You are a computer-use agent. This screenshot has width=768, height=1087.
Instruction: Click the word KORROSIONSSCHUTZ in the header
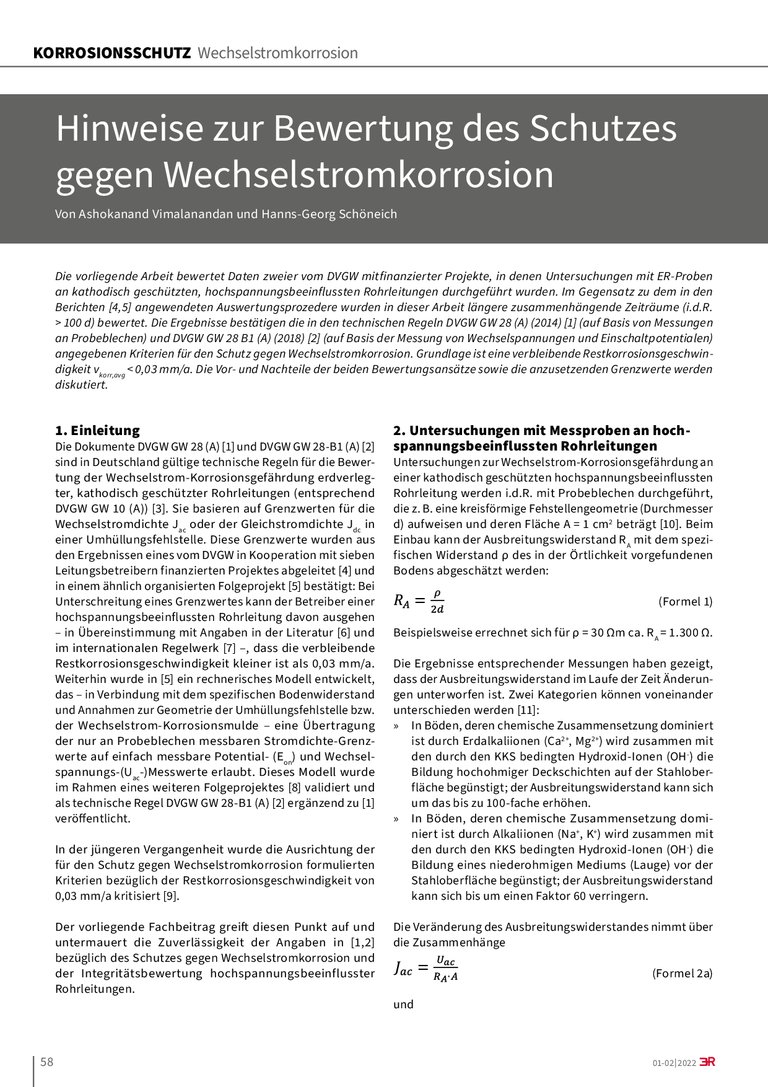(x=112, y=53)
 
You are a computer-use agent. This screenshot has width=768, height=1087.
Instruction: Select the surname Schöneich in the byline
(x=368, y=214)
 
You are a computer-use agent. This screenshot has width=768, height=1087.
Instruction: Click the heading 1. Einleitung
(x=97, y=431)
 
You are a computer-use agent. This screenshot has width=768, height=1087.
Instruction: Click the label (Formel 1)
(x=685, y=602)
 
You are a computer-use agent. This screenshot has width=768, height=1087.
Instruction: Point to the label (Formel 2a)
(x=682, y=974)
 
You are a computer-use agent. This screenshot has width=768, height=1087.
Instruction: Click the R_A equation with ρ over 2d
(x=419, y=601)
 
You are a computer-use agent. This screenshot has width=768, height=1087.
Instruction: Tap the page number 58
(x=47, y=1062)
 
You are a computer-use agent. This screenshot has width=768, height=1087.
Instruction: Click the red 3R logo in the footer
(x=707, y=1062)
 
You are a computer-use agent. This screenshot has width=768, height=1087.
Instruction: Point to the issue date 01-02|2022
(x=674, y=1063)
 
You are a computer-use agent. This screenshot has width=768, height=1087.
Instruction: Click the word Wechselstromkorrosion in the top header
(x=277, y=53)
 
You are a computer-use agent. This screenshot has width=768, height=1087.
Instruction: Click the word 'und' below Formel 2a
(x=403, y=1005)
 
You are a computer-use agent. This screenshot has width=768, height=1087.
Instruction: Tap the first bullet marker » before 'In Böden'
(x=396, y=726)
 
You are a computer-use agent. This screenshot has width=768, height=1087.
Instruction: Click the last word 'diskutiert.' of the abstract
(x=82, y=385)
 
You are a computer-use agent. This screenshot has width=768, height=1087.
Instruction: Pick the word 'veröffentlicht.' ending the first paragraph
(x=93, y=819)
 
